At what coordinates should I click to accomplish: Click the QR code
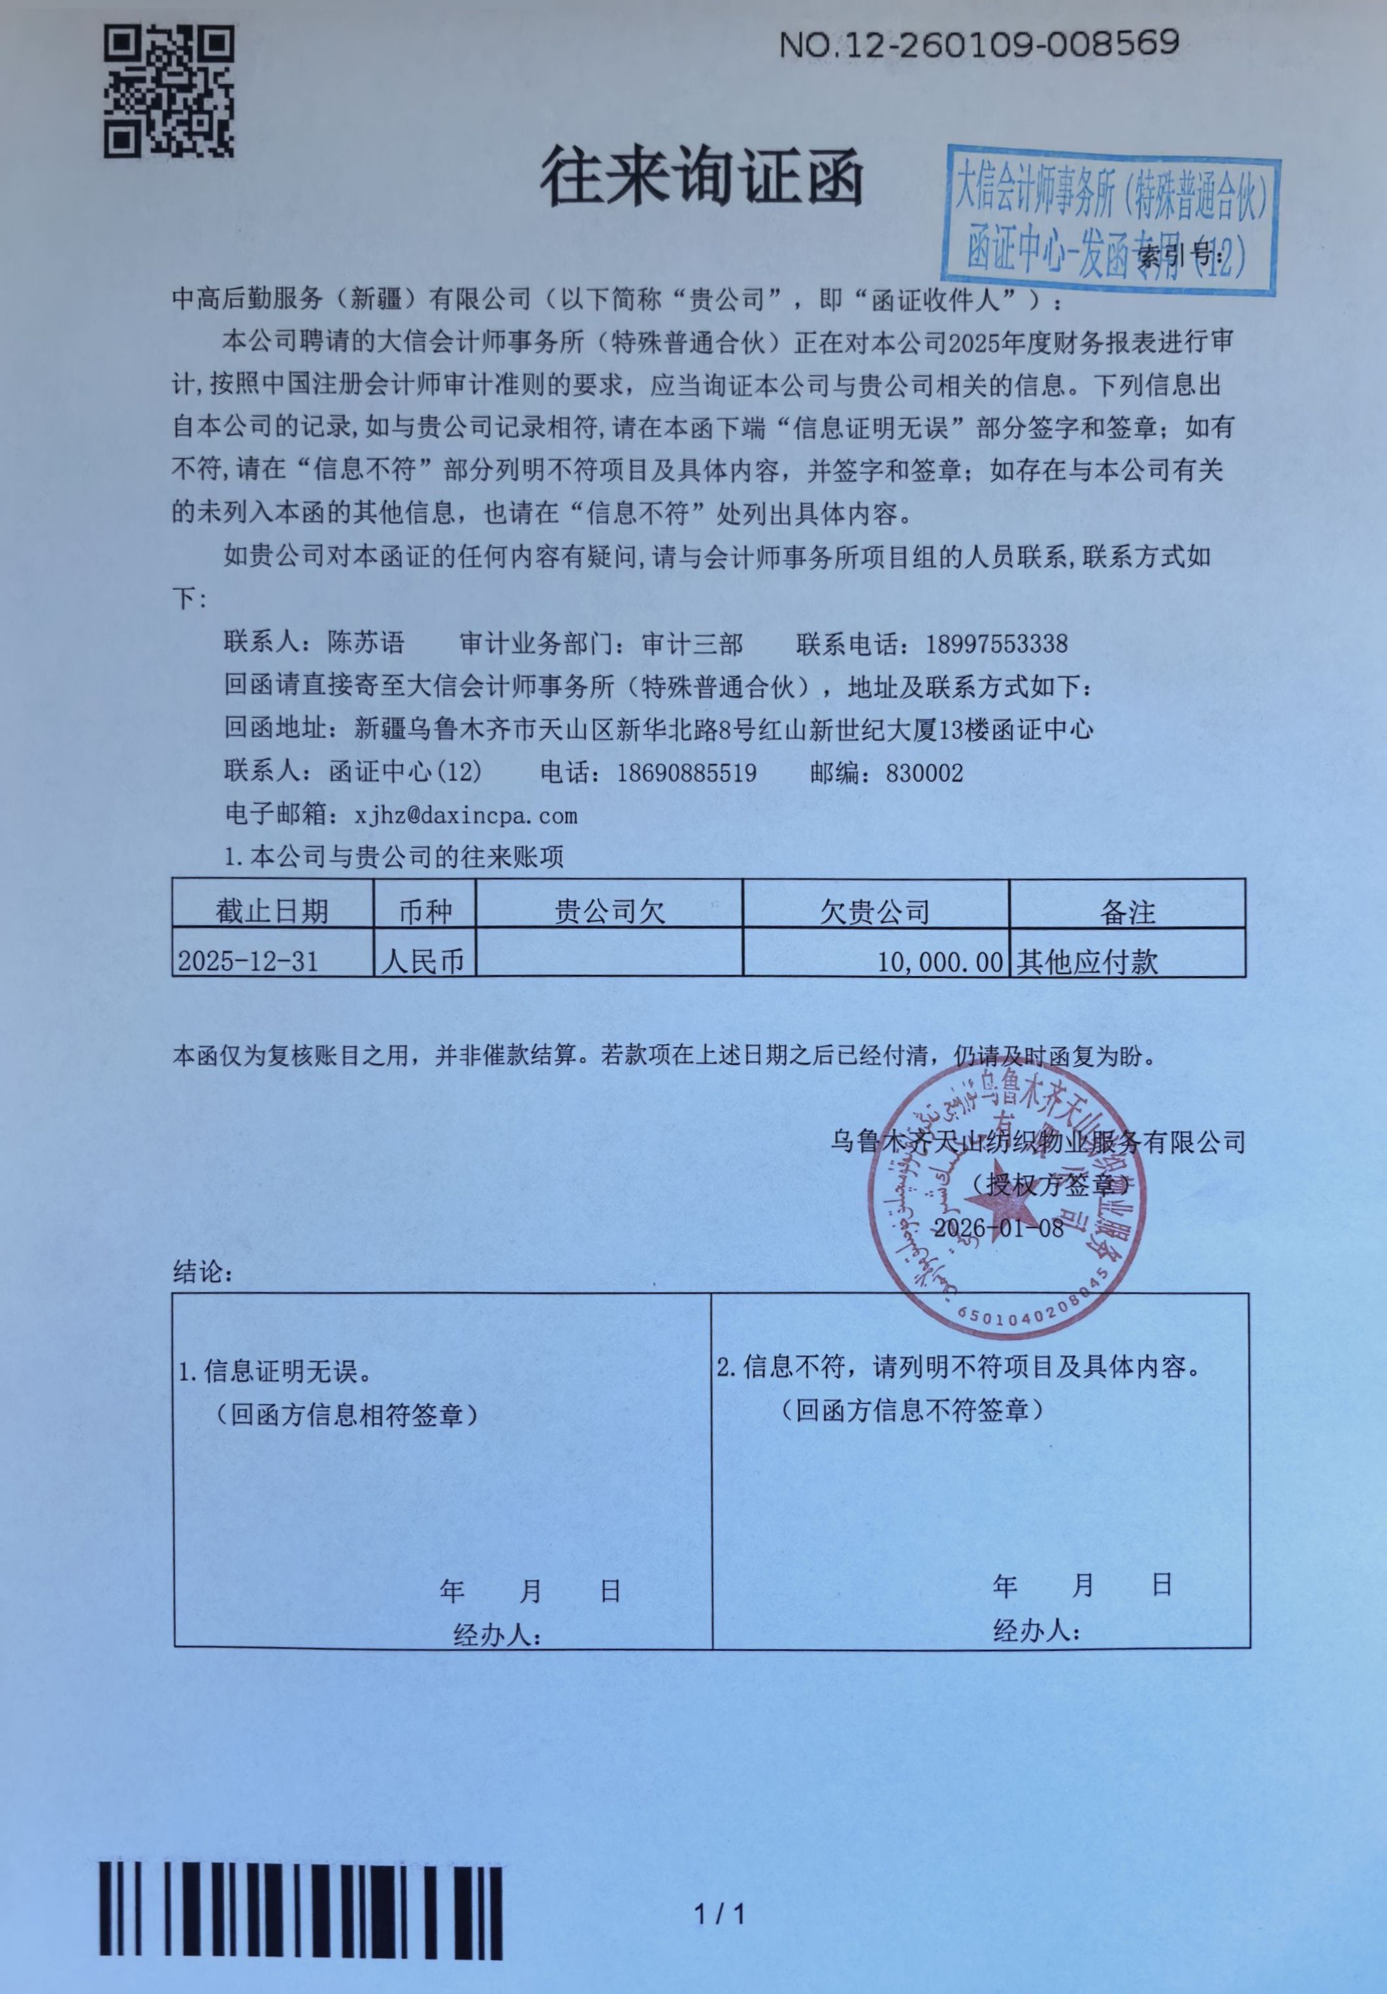pos(169,91)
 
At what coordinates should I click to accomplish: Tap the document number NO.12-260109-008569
pos(978,43)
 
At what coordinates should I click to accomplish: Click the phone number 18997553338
pos(996,644)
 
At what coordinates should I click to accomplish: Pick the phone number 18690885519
pos(686,772)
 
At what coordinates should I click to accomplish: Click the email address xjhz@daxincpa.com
pos(466,815)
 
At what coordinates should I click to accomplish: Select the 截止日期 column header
pos(272,911)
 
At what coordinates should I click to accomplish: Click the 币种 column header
pos(425,911)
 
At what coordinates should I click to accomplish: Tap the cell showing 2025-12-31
pos(248,960)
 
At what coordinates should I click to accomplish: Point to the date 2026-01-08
pos(998,1227)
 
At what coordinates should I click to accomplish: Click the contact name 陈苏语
pos(366,644)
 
